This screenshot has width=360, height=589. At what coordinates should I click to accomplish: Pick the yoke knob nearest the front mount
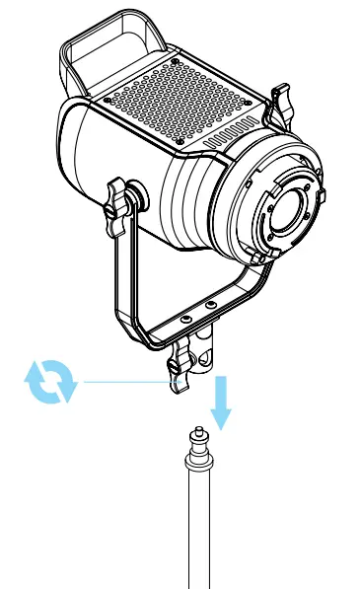tap(284, 103)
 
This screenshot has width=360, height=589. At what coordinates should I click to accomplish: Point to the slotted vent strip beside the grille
tap(237, 137)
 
